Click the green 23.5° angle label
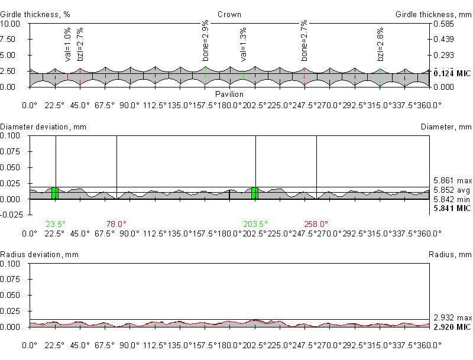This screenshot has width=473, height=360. tap(55, 224)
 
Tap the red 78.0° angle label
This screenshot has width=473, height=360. tap(116, 224)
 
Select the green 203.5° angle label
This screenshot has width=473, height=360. tap(255, 224)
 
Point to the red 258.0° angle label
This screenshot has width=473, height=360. tap(316, 224)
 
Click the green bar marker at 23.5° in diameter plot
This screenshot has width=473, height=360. tap(55, 193)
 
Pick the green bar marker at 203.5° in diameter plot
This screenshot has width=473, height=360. tap(255, 193)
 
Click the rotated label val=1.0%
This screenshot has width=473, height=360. tap(67, 44)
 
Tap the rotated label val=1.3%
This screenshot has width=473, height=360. tap(243, 44)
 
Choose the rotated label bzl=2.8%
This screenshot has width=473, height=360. tap(381, 44)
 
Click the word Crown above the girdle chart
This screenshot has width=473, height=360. tap(229, 14)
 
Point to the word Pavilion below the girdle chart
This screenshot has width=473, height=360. tap(229, 94)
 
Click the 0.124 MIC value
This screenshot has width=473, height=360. tap(452, 73)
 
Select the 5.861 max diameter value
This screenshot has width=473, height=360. tap(452, 180)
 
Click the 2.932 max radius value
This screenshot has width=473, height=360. tap(452, 317)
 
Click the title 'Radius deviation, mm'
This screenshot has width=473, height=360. tap(39, 255)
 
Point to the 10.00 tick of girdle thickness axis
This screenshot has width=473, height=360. tap(11, 24)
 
